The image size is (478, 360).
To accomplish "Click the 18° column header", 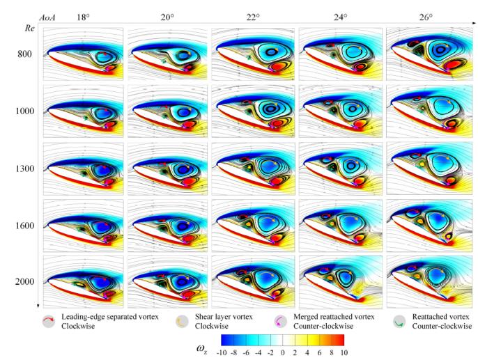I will click(x=83, y=16).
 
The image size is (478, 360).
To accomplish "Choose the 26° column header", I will click(x=426, y=16).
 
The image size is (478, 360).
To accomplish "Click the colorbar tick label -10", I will click(x=222, y=352).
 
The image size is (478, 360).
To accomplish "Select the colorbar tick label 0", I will click(x=282, y=352).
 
